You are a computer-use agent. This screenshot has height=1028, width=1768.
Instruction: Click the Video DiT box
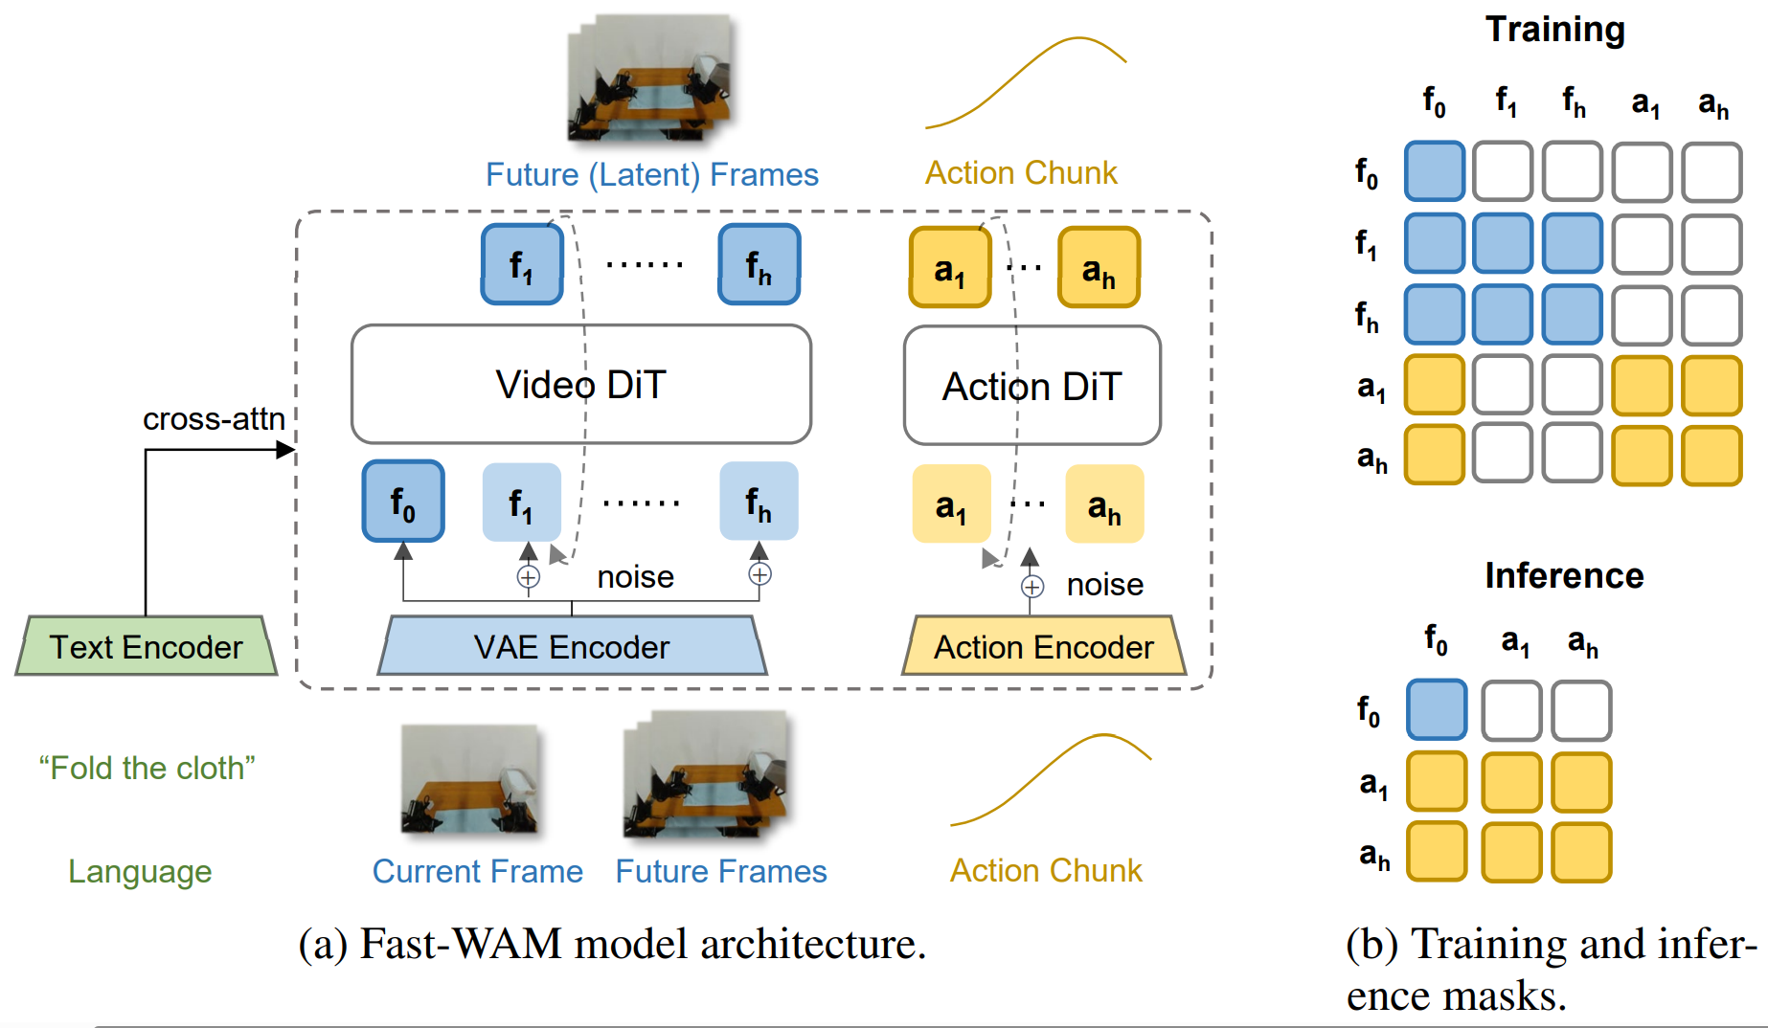[580, 385]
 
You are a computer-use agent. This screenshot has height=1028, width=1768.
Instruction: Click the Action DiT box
[1031, 386]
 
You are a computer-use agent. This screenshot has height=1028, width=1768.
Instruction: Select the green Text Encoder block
[147, 647]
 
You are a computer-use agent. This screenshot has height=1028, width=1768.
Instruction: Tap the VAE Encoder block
[572, 647]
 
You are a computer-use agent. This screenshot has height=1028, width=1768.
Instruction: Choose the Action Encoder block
[1044, 647]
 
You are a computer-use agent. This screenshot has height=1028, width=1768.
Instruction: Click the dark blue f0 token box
[403, 502]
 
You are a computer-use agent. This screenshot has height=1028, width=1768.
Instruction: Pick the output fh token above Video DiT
[759, 265]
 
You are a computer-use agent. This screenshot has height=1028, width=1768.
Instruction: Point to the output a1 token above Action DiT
[949, 268]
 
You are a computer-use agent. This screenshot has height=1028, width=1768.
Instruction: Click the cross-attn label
[214, 418]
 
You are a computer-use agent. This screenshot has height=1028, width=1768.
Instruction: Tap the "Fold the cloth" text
[147, 768]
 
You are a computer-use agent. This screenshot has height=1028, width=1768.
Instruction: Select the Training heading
[1554, 30]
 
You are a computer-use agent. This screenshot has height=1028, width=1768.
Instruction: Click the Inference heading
[1564, 575]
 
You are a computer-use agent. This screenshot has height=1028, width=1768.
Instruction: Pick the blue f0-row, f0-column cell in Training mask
[1434, 171]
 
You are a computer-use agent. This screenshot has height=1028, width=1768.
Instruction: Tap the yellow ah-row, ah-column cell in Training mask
[1711, 456]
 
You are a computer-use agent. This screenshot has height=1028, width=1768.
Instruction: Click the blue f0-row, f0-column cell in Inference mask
[1436, 709]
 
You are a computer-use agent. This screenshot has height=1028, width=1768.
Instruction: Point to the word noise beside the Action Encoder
[1104, 585]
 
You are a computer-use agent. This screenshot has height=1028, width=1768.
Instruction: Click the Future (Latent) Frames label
[651, 174]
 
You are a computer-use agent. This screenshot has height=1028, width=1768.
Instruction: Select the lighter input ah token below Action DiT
[1104, 504]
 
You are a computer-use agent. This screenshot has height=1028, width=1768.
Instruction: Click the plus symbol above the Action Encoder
[1031, 587]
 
